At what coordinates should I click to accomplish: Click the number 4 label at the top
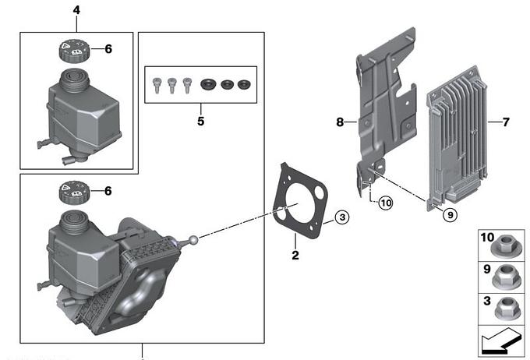76,10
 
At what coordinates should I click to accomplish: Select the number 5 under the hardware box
200,122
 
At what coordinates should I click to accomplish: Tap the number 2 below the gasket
295,255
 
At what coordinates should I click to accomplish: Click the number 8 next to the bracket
340,122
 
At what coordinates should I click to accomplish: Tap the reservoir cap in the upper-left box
71,51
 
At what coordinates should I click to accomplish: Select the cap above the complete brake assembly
71,191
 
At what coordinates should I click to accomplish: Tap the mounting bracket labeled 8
382,101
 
